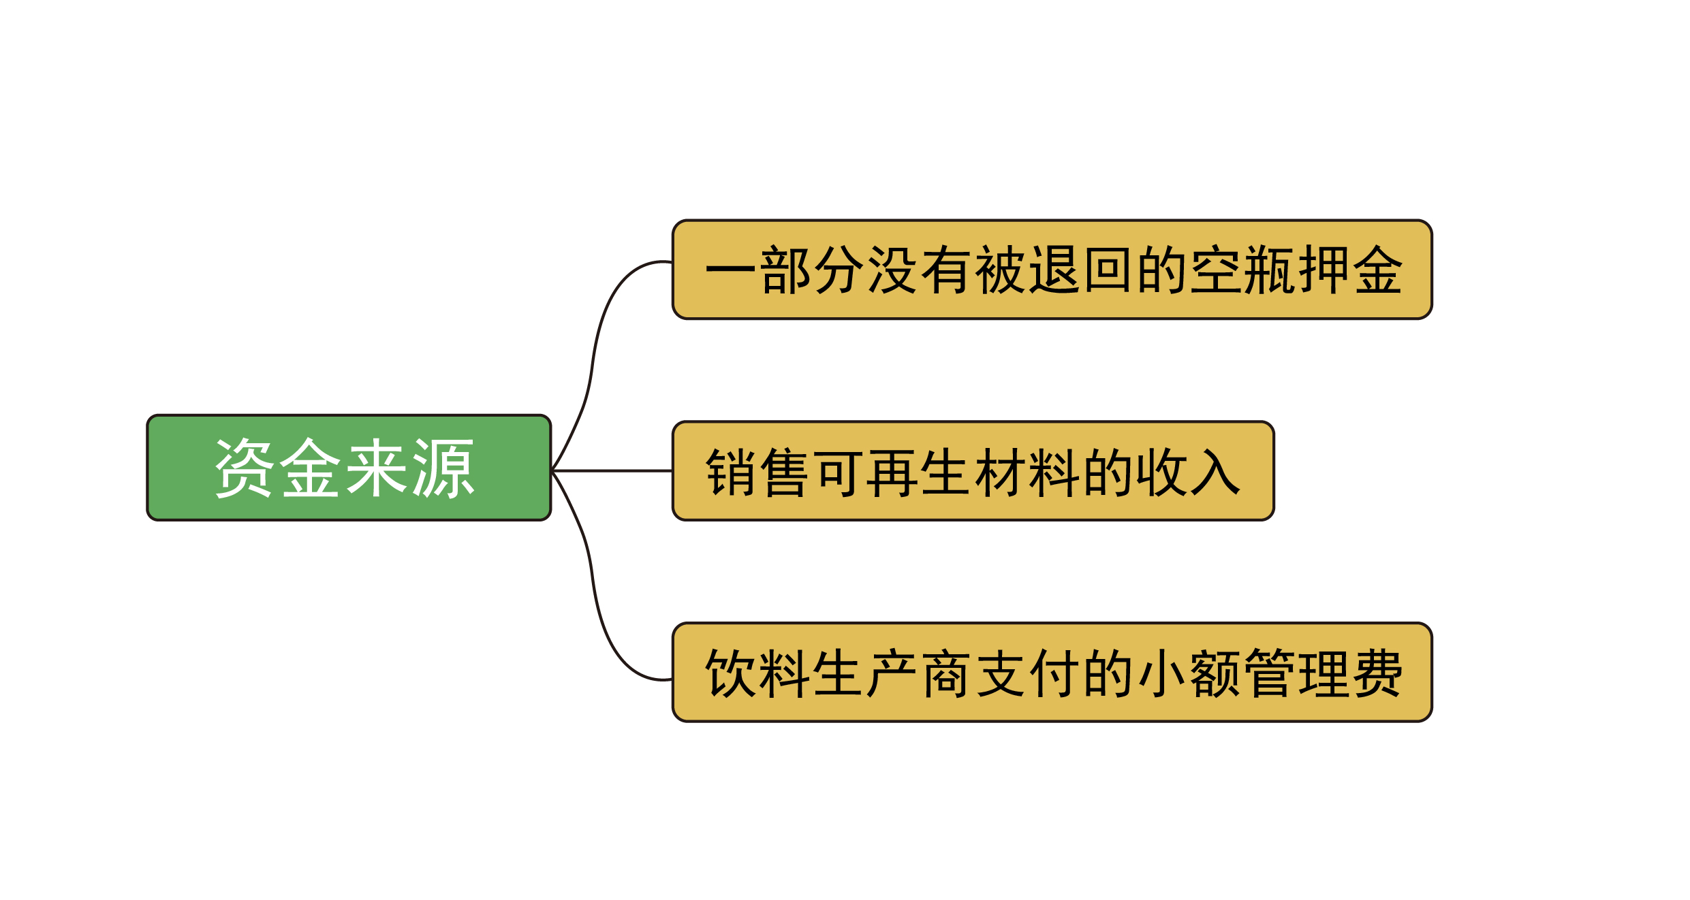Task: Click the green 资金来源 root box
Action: coord(348,468)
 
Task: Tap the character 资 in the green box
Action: coord(244,468)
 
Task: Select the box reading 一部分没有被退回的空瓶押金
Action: coord(1052,270)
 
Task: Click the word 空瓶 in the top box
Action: coord(1243,270)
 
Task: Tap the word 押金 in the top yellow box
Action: coord(1351,270)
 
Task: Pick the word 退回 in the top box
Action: coord(1082,270)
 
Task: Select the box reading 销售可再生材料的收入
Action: coord(973,471)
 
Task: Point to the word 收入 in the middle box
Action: coord(1189,471)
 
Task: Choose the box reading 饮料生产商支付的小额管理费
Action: coord(1052,673)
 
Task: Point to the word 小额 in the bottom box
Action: coord(1189,673)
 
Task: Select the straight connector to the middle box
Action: coord(613,470)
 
